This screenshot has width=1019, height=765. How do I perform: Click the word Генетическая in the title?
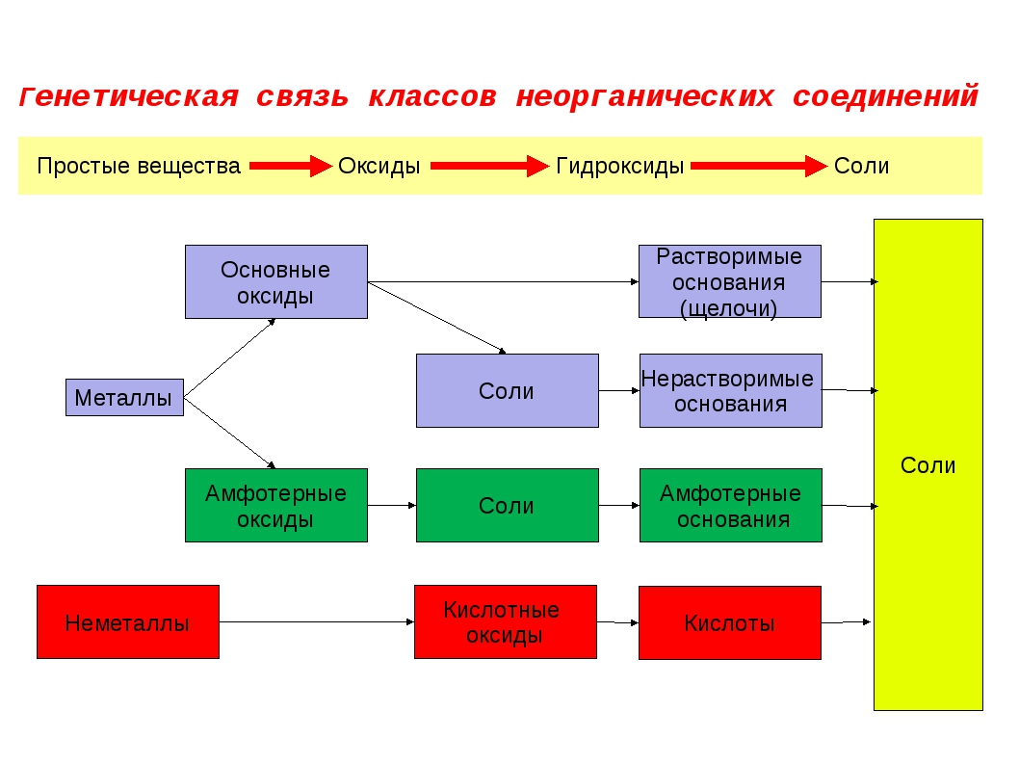tap(128, 98)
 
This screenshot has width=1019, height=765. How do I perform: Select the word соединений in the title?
tap(885, 98)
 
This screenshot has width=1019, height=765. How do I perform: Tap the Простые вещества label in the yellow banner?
tap(139, 166)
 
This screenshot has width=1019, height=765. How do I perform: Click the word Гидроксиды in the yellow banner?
tap(620, 166)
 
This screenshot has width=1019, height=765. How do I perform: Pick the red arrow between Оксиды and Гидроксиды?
tap(488, 166)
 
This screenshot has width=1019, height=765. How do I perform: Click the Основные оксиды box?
tap(275, 281)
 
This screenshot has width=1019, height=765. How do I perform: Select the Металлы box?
tap(124, 397)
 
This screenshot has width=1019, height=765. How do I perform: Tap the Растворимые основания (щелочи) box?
tap(729, 281)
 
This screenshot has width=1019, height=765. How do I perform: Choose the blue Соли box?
tap(507, 390)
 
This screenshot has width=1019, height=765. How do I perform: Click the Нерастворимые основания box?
tap(730, 390)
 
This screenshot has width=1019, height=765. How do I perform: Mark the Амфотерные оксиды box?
tap(275, 505)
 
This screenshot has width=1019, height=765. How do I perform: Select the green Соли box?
tap(507, 505)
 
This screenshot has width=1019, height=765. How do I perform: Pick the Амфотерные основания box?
tap(730, 505)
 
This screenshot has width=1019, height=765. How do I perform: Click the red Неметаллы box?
tap(127, 622)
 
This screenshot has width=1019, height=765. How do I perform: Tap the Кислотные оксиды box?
tap(505, 622)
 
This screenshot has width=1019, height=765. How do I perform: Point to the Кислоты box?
tap(729, 622)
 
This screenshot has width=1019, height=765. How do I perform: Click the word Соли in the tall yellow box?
tap(928, 465)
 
